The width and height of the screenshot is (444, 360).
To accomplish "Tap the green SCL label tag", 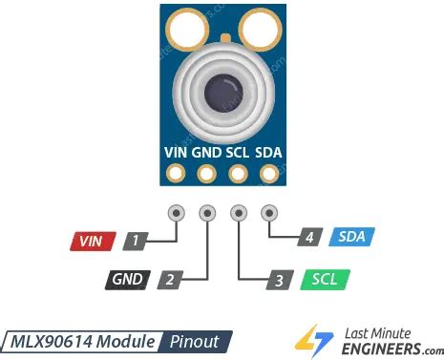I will coord(324,280).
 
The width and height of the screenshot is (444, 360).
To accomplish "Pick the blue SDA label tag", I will coord(351,237).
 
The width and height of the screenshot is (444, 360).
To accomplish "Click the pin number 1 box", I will coord(138,242).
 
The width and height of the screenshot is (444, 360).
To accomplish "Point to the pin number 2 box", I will coord(169,280).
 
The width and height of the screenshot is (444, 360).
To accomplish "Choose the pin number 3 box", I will coord(278,280).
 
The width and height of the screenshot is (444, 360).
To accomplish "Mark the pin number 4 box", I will coord(307,237).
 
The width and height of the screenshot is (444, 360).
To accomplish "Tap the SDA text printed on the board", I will coord(270,151).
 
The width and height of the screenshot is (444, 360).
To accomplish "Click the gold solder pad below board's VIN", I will coord(176,174).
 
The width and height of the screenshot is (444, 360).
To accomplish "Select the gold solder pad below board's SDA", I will coord(269,174).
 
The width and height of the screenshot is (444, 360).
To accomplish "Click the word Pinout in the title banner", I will coord(195,341).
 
